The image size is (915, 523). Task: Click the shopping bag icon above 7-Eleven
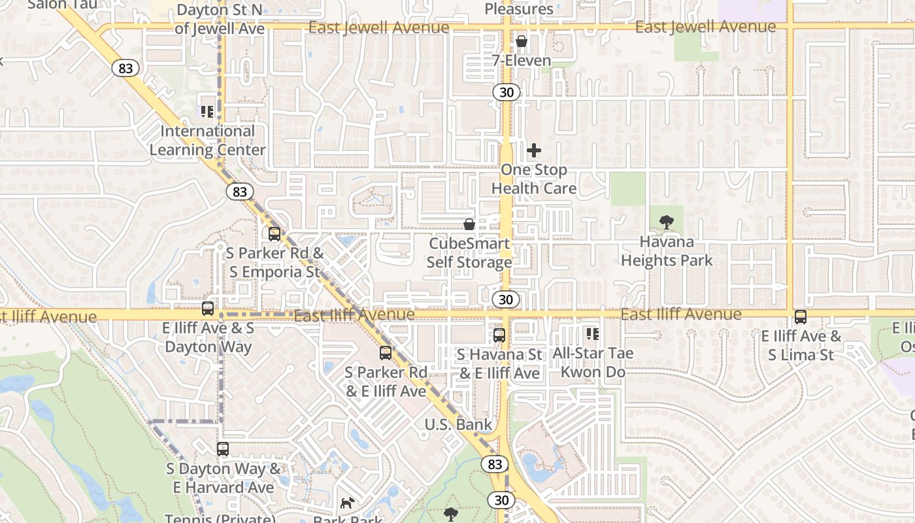[522, 42]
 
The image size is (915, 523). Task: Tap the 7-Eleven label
[522, 61]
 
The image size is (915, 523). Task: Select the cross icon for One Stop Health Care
[534, 150]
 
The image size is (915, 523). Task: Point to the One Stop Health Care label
[534, 179]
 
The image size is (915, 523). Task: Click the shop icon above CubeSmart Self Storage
[469, 224]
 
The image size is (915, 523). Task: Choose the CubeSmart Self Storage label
[469, 253]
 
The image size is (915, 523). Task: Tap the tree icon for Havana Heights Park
[667, 222]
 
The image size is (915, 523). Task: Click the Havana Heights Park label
[667, 251]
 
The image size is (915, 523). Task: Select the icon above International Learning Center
[207, 112]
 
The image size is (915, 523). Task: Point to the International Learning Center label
[207, 141]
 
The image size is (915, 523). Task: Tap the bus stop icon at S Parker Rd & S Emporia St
[274, 233]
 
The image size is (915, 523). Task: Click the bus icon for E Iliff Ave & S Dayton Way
[208, 309]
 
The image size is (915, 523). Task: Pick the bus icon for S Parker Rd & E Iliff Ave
[386, 353]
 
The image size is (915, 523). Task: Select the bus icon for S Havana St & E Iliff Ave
[499, 335]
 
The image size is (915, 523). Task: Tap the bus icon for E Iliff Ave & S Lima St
[801, 317]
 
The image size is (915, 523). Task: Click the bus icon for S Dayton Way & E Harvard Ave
[223, 449]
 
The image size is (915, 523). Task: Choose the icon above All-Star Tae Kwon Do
[593, 334]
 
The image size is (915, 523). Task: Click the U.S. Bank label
[458, 424]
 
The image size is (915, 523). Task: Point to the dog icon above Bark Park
[348, 503]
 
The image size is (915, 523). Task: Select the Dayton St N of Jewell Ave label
[220, 20]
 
